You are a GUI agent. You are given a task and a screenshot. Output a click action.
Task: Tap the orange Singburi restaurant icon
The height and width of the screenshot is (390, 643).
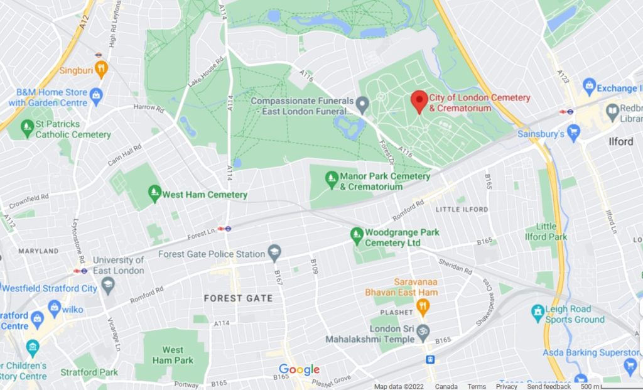101,69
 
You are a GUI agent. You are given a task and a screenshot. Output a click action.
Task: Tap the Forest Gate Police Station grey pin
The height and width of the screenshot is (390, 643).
274,253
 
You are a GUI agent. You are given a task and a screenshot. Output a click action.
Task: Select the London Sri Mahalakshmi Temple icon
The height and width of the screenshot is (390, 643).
423,331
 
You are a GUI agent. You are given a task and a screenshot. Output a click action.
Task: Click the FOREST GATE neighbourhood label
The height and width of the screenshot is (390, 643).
239,298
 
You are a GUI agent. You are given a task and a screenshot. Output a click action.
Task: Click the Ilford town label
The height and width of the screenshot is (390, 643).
620,141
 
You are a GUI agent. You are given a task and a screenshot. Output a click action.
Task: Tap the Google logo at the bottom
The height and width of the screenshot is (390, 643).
299,370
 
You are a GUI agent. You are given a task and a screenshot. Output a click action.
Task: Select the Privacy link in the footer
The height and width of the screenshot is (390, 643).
506,386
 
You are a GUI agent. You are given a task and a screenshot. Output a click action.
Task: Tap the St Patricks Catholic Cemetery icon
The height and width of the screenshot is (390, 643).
27,129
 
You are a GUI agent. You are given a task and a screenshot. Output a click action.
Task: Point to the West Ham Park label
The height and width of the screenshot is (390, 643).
173,355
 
